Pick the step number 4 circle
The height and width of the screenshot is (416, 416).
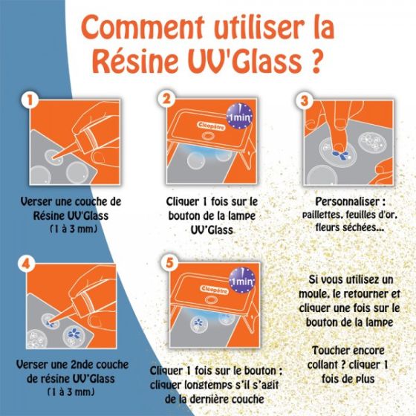tap(31, 263)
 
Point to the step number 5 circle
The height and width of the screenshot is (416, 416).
tap(168, 263)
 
